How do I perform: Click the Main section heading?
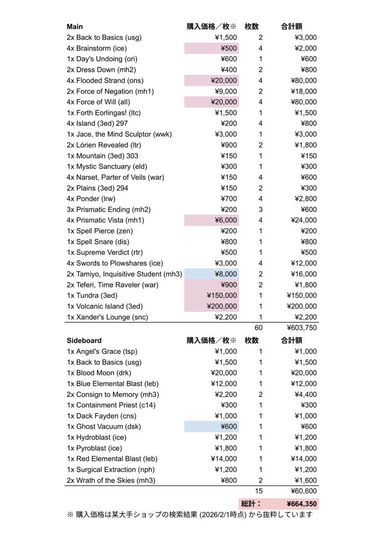coord(75,27)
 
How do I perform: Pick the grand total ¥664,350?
coord(302,503)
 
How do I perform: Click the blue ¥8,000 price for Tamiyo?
coord(226,274)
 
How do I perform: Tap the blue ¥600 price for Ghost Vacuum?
coord(229,427)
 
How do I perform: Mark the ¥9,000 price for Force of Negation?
coord(226,91)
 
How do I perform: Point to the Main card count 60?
coord(259,328)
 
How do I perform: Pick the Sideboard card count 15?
coord(259,491)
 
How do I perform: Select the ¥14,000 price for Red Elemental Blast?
coord(224,459)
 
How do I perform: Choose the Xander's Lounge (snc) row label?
coord(107,317)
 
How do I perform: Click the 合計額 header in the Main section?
coord(291,27)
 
